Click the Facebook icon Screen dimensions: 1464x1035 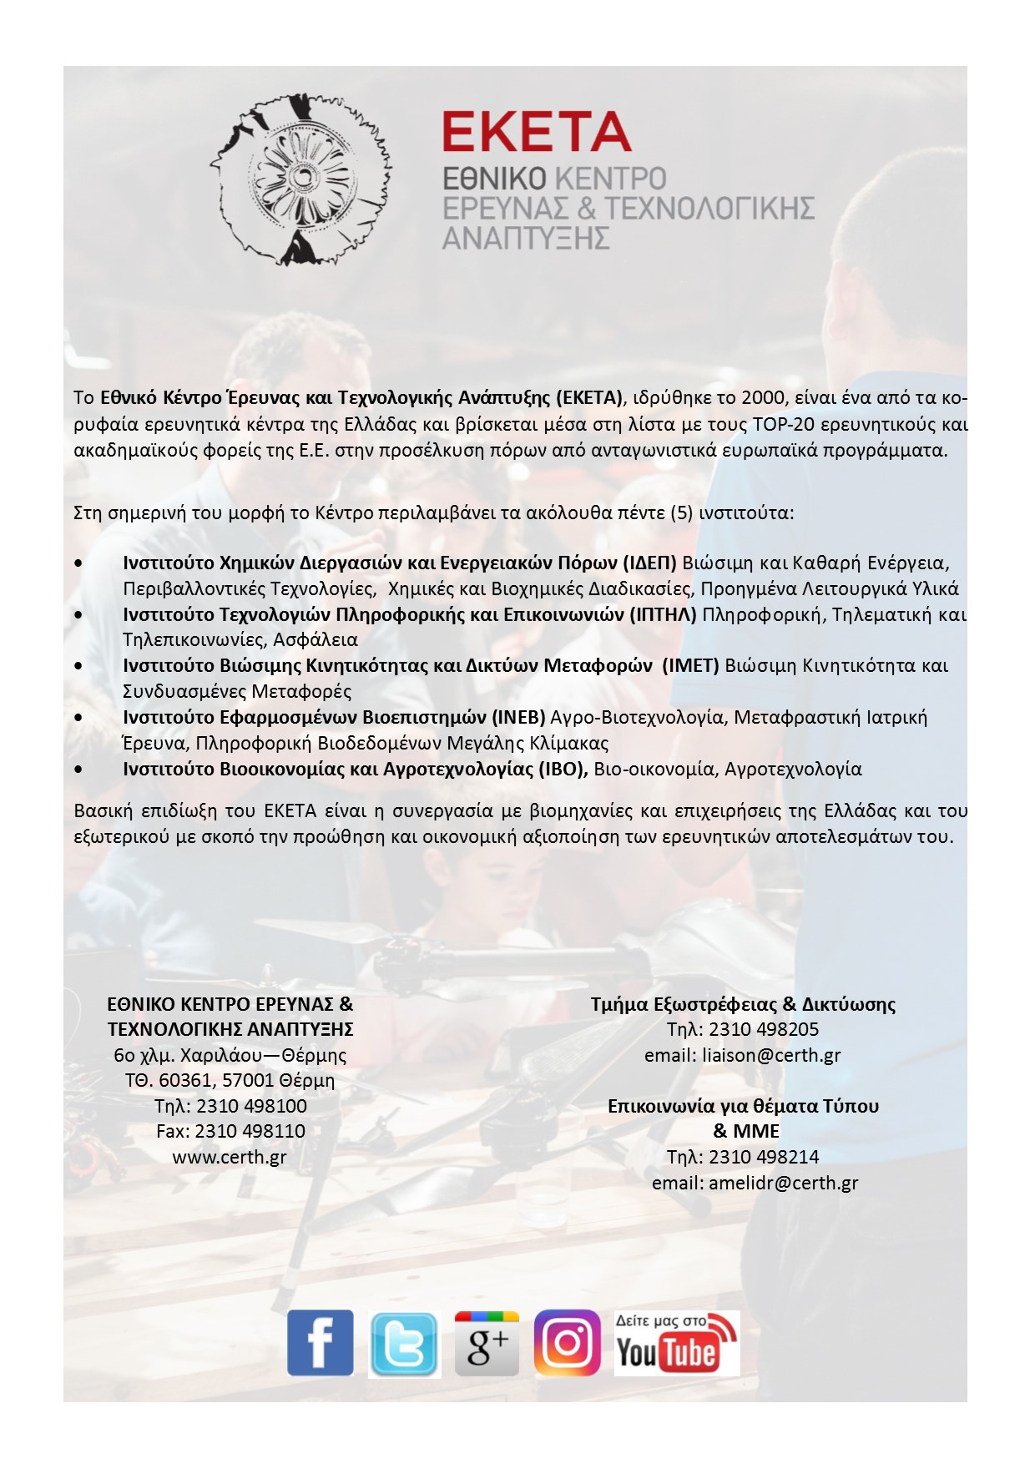click(320, 1342)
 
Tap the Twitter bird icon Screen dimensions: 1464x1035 click(404, 1344)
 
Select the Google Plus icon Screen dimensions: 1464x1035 click(487, 1343)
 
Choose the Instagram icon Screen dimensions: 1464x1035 click(568, 1342)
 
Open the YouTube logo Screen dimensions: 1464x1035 click(677, 1343)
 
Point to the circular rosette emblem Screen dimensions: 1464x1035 click(300, 179)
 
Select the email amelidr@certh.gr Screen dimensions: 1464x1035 click(783, 1183)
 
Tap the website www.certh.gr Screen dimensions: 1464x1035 click(230, 1157)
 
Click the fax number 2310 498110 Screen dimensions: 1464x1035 click(250, 1131)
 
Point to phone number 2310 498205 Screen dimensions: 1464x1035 click(764, 1029)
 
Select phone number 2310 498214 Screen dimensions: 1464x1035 click(764, 1157)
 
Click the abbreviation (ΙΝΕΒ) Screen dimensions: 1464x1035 click(518, 717)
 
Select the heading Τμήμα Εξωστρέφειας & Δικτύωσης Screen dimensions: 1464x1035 click(743, 1004)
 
